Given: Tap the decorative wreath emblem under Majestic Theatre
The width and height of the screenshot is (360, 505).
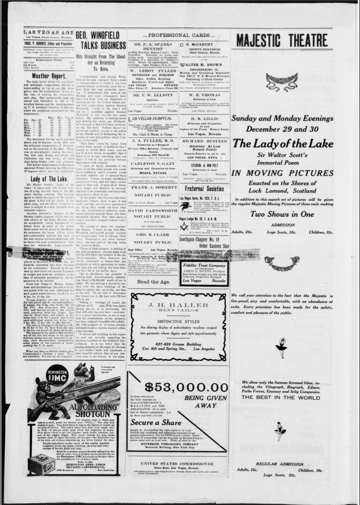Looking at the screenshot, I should (282, 81).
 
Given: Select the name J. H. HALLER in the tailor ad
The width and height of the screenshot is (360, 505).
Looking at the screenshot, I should (178, 305).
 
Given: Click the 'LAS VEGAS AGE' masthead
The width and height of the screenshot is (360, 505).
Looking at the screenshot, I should (48, 32).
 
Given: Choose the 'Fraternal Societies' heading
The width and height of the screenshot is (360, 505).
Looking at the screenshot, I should (204, 188).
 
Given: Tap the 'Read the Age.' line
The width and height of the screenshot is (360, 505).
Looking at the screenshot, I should (153, 281).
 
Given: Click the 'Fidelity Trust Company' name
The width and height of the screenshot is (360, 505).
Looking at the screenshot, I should (204, 265).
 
